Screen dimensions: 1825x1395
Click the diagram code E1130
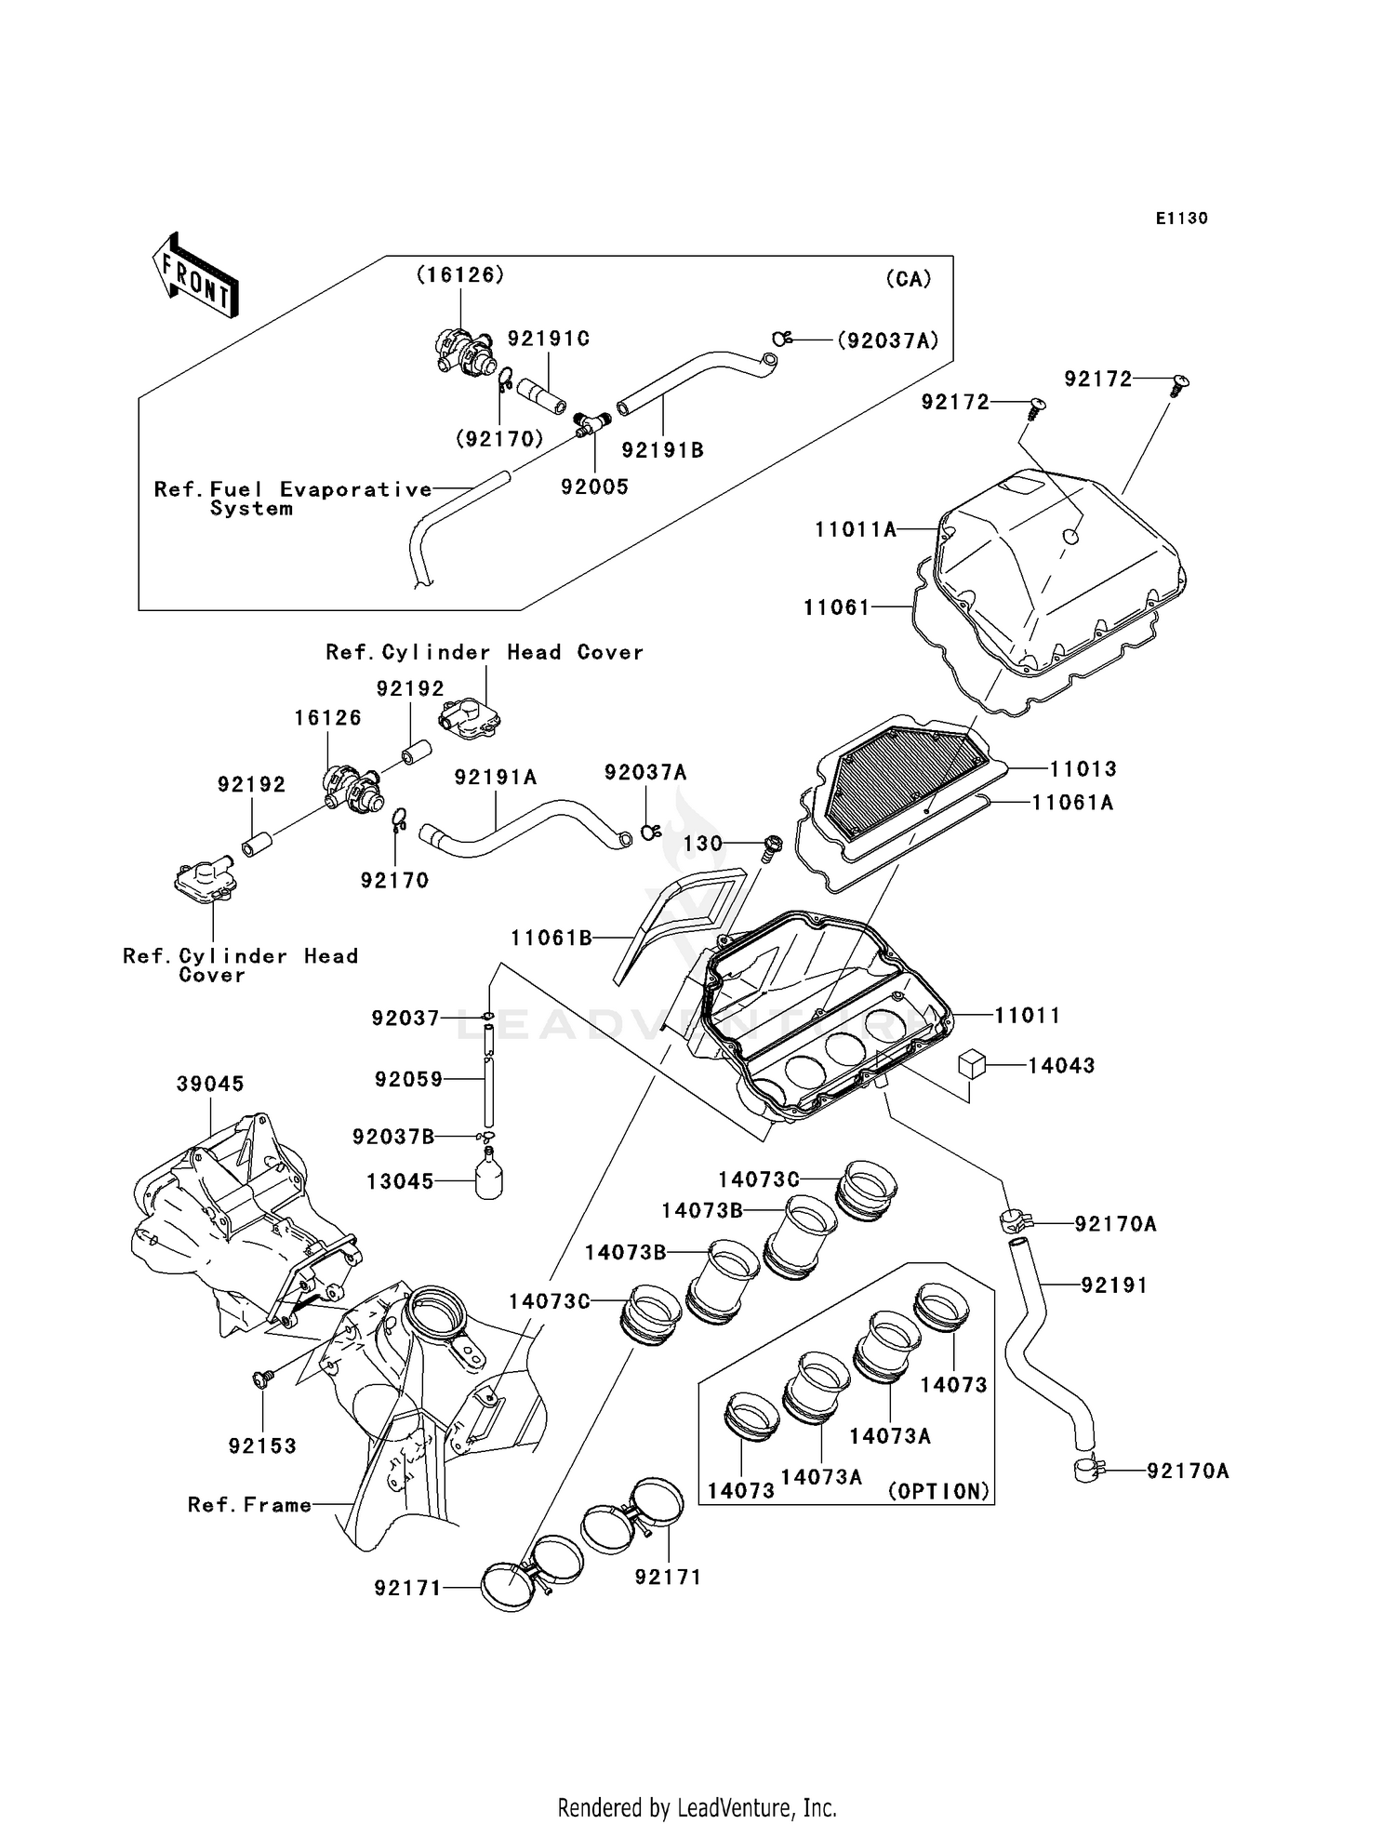(x=1181, y=219)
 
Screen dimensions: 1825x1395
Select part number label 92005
(x=594, y=486)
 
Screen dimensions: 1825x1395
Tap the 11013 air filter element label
(x=1083, y=769)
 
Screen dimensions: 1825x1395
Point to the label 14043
(x=1061, y=1066)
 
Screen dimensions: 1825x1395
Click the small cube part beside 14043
(x=972, y=1064)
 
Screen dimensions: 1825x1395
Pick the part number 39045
(x=210, y=1084)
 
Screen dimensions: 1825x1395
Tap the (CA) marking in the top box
(x=908, y=279)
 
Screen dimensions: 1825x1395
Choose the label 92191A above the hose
(x=495, y=777)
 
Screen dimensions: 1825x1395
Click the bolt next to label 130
(x=771, y=846)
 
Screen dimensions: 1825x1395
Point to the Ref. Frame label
(x=249, y=1505)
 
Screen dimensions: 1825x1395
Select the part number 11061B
(x=551, y=939)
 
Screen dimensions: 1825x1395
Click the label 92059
(x=408, y=1080)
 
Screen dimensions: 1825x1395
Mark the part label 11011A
(x=856, y=530)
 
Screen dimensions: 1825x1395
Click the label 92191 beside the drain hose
(x=1113, y=1285)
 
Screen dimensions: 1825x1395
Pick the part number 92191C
(x=548, y=339)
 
